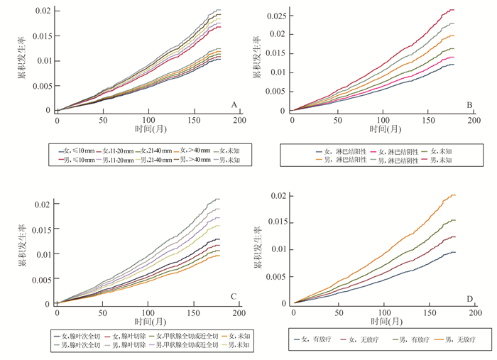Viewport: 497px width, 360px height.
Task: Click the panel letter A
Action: coord(233,105)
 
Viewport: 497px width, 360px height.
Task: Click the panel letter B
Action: coord(470,105)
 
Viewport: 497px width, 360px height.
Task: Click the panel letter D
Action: coord(469,298)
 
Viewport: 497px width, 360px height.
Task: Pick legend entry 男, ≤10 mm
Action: coord(80,160)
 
